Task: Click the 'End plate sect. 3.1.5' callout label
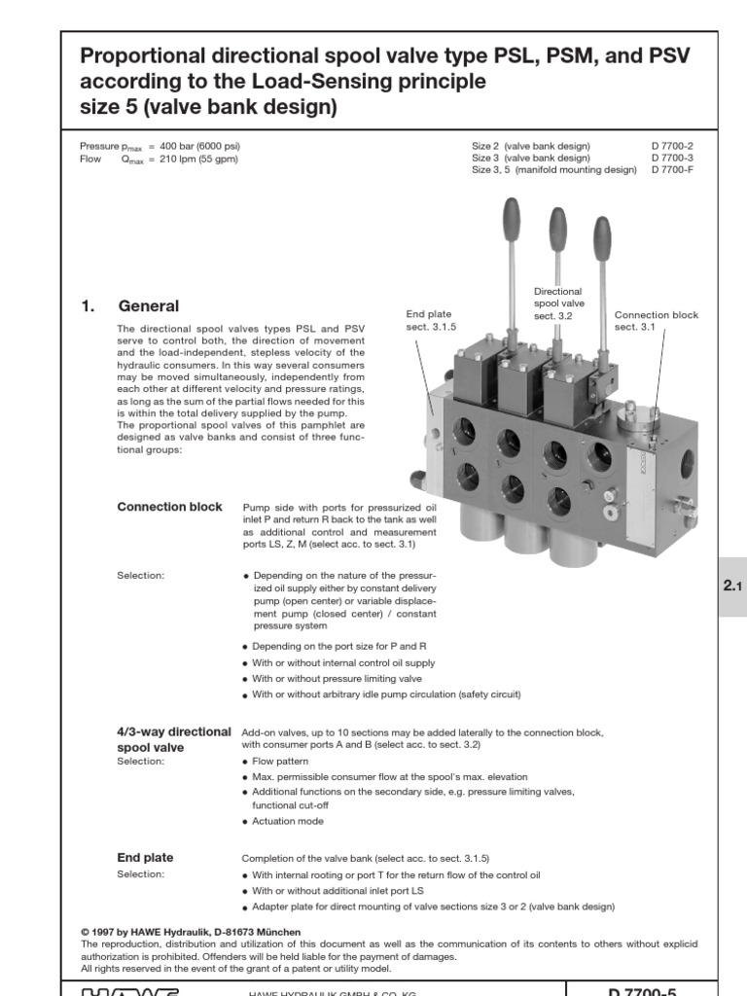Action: click(429, 321)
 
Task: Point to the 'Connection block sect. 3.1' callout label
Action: click(657, 321)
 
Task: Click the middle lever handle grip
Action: click(557, 228)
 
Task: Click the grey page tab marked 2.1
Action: click(730, 587)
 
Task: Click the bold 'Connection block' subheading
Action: click(169, 507)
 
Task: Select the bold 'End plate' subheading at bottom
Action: click(145, 857)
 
